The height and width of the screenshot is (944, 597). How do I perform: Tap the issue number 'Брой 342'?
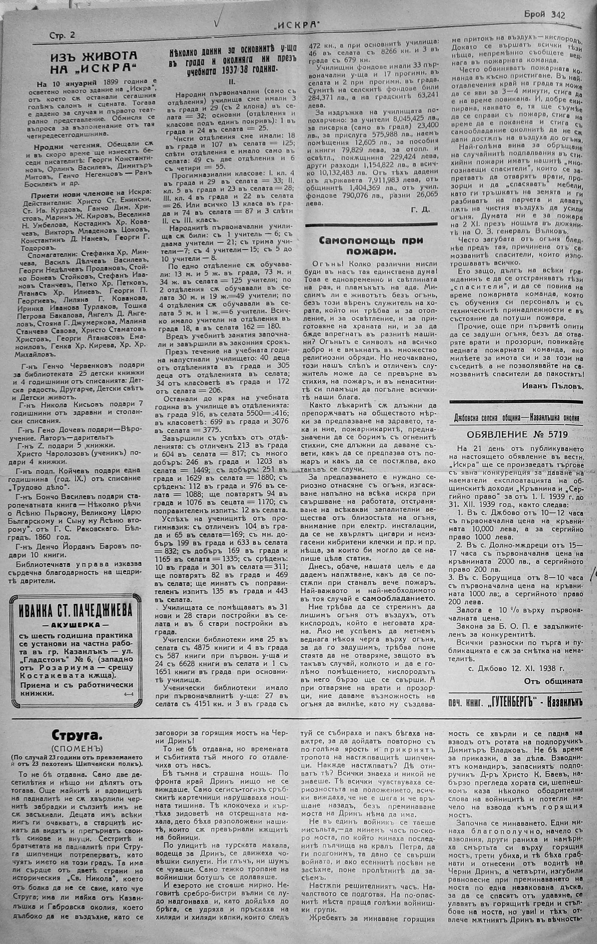pyautogui.click(x=545, y=15)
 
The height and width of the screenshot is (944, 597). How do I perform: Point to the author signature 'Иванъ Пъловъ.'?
pyautogui.click(x=553, y=386)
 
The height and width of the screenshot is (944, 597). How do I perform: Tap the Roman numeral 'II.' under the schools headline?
pyautogui.click(x=231, y=83)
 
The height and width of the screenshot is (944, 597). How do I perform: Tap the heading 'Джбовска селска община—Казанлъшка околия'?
pyautogui.click(x=517, y=417)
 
